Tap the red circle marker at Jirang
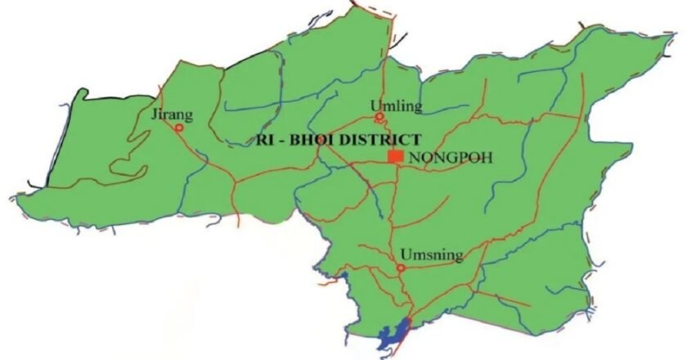coord(179,128)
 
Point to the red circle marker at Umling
coord(379,117)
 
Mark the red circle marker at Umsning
coord(400,268)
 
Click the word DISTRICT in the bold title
coord(382,140)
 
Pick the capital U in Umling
coord(375,106)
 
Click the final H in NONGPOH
coord(488,157)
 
